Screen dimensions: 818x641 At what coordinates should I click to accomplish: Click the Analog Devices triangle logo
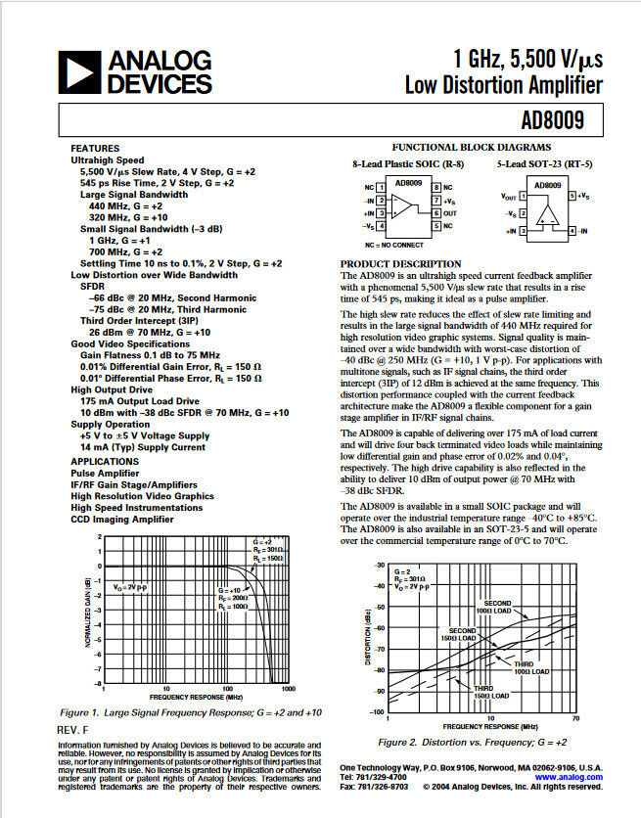79,71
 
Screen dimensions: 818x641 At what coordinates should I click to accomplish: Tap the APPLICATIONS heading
104,461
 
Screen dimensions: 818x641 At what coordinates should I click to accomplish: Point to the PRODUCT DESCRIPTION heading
401,265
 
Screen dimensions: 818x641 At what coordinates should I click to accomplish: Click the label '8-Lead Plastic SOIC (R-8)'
408,164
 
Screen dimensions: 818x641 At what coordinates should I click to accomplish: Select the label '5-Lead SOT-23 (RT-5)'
543,164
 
